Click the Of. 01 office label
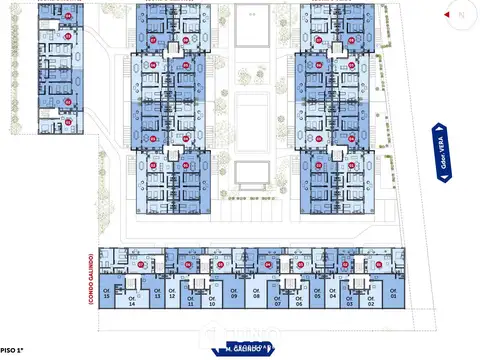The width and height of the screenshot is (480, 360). [393, 296]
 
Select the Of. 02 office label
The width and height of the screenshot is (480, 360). [370, 303]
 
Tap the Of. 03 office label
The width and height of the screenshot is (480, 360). [350, 303]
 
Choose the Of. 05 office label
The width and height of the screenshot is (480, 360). [317, 296]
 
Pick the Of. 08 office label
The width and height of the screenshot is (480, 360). [256, 296]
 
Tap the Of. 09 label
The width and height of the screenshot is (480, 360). [234, 296]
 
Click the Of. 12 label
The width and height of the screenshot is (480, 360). [172, 296]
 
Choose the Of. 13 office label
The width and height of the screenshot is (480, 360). [157, 296]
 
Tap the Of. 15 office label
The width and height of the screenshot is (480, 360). [108, 296]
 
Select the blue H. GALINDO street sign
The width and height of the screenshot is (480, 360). [247, 348]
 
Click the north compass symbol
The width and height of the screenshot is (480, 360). [457, 14]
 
